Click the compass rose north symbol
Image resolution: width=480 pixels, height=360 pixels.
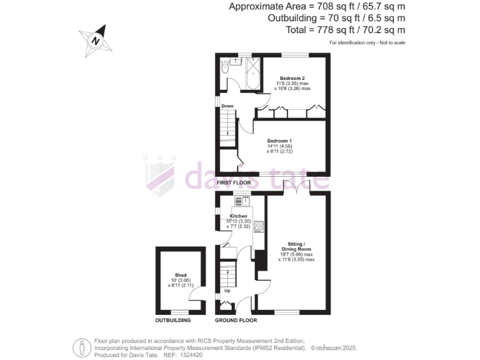95,39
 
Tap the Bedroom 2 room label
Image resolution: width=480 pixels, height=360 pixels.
292,77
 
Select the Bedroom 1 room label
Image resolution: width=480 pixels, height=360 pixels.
280,141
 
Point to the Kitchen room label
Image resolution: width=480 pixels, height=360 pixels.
239,216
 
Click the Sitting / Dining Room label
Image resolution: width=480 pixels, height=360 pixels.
296,245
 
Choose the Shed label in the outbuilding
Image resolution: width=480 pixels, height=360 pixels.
181,275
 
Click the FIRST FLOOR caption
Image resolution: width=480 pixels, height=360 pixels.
234,182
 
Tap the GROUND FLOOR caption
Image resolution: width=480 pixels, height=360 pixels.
236,320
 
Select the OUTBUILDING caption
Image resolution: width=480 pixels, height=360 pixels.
172,320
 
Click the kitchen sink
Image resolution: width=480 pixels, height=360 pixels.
242,201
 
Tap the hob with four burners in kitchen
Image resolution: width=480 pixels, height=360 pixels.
258,227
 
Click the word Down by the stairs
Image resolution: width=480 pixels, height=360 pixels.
227,106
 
